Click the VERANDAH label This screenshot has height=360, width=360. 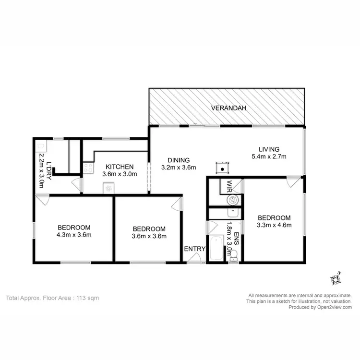point(229,108)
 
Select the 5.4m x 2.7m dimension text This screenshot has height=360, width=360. point(269,156)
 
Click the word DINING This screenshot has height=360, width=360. point(179,160)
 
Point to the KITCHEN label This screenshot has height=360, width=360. point(120,167)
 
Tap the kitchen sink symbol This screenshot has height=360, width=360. point(108,189)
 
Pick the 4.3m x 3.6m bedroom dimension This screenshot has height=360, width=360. point(74,235)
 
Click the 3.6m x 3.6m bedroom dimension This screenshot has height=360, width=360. point(149,236)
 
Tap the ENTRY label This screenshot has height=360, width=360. point(195,249)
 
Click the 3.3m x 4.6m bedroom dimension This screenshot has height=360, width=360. point(274,224)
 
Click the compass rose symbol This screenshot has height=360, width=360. point(335,278)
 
